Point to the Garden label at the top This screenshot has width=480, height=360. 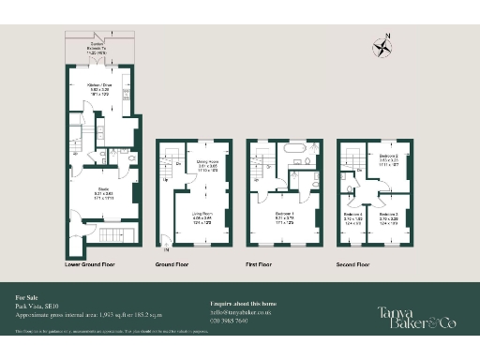(97, 47)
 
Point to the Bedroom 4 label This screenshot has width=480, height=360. (352, 221)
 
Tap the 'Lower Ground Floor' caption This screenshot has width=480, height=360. (95, 265)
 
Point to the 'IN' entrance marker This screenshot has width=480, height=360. (167, 249)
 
